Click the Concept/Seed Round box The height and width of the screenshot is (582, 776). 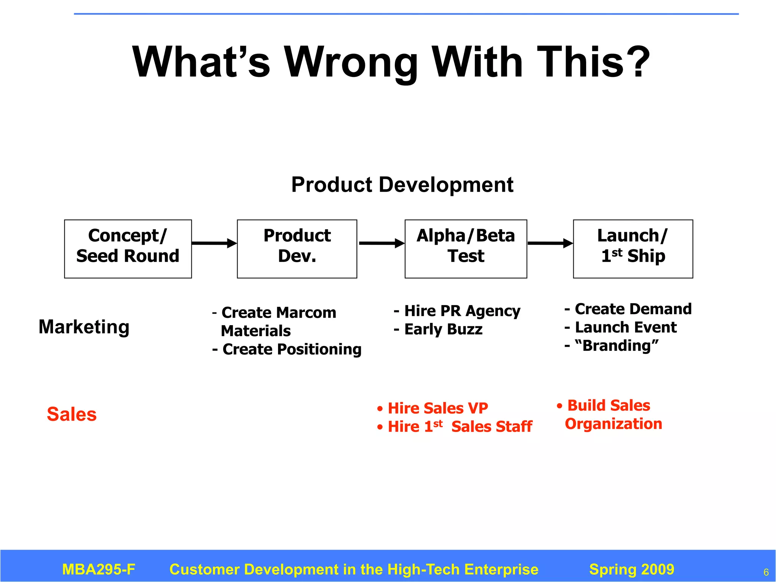click(x=128, y=249)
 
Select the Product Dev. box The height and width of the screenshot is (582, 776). click(x=297, y=249)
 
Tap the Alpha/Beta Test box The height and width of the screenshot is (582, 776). click(x=466, y=249)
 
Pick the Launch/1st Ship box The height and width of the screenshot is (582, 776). click(x=633, y=249)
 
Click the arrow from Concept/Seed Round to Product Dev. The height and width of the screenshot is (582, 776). click(x=214, y=243)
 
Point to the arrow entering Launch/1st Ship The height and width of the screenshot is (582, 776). click(x=550, y=243)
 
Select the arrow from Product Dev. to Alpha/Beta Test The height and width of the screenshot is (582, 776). click(x=381, y=243)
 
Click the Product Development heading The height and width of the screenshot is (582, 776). click(x=402, y=185)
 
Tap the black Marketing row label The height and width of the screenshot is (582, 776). click(x=84, y=327)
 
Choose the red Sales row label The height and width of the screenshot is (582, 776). click(x=72, y=414)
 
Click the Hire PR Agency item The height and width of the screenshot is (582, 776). click(x=457, y=311)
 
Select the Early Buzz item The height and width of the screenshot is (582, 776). click(x=438, y=329)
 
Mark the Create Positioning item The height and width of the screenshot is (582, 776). click(x=287, y=349)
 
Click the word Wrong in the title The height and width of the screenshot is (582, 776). click(x=351, y=62)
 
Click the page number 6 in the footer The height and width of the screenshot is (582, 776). click(x=766, y=572)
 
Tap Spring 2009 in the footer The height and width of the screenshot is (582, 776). click(x=632, y=569)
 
